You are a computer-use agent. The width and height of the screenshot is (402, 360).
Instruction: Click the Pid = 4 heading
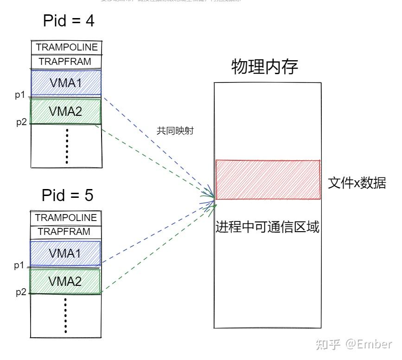click(69, 20)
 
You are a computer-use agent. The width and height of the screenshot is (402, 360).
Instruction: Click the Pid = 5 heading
click(68, 195)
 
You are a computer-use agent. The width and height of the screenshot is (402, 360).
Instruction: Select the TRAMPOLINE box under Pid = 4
click(67, 47)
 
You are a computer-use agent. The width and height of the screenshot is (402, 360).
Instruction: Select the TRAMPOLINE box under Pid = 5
click(66, 218)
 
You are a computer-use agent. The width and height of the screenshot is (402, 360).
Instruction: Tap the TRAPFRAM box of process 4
click(65, 62)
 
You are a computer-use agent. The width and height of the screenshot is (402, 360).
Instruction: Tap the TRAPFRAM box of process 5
click(64, 232)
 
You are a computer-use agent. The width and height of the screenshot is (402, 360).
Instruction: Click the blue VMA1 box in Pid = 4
click(66, 82)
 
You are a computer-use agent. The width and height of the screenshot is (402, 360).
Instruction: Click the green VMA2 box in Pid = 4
click(66, 111)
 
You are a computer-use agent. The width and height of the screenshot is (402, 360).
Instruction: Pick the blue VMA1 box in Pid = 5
click(65, 253)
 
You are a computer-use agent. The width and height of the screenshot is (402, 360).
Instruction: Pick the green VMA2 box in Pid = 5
click(65, 281)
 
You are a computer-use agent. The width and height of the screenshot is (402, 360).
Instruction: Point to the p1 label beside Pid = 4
click(19, 95)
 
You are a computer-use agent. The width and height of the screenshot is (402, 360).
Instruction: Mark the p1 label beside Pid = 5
click(19, 265)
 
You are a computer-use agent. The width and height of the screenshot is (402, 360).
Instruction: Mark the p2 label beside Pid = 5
click(21, 292)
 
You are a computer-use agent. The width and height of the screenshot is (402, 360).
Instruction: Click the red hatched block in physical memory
click(268, 180)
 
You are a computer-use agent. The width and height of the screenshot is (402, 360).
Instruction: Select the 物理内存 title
click(264, 67)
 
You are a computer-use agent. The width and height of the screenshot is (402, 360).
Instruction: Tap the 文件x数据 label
click(357, 183)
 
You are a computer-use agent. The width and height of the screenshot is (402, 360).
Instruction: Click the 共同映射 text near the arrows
click(175, 131)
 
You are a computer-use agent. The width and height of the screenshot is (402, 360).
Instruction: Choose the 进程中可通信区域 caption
click(268, 227)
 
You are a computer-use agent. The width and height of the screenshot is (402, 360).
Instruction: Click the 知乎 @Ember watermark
click(353, 344)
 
